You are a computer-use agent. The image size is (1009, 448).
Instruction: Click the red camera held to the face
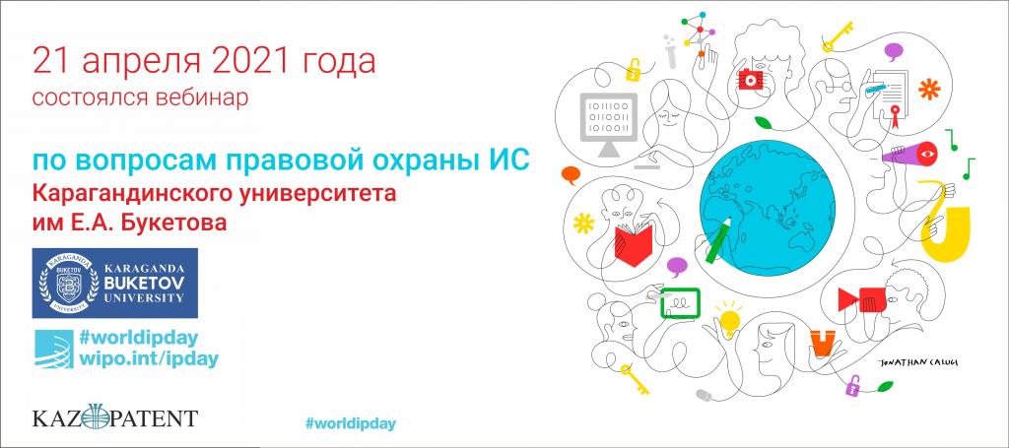[x=750, y=79]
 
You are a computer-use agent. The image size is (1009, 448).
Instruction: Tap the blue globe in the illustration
[x=767, y=210]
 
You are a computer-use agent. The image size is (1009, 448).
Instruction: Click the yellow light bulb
[x=729, y=319]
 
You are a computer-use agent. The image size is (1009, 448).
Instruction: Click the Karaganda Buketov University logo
[x=114, y=283]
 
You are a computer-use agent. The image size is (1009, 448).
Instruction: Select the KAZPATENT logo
[x=114, y=416]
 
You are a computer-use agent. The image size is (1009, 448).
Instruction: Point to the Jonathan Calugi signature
[x=918, y=362]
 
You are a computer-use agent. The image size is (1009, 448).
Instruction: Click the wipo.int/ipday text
[x=148, y=358]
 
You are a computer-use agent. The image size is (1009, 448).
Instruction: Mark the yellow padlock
[x=635, y=70]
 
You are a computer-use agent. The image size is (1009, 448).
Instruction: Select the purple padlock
[x=853, y=386]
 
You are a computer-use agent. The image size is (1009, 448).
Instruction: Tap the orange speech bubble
[x=571, y=173]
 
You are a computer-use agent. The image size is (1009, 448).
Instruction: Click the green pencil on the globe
[x=718, y=239]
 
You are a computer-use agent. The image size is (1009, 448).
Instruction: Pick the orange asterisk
[x=928, y=89]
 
